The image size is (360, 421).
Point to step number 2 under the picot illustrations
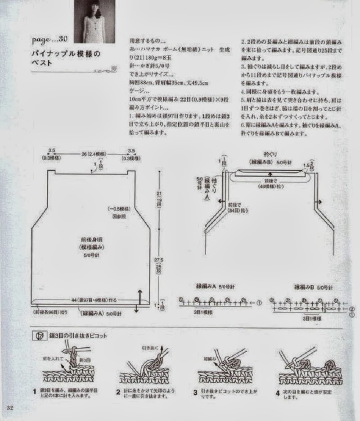tap(118, 392)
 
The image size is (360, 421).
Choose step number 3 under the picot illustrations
tap(195, 392)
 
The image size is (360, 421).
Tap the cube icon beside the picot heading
tap(39, 336)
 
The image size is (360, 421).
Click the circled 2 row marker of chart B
tap(351, 309)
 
